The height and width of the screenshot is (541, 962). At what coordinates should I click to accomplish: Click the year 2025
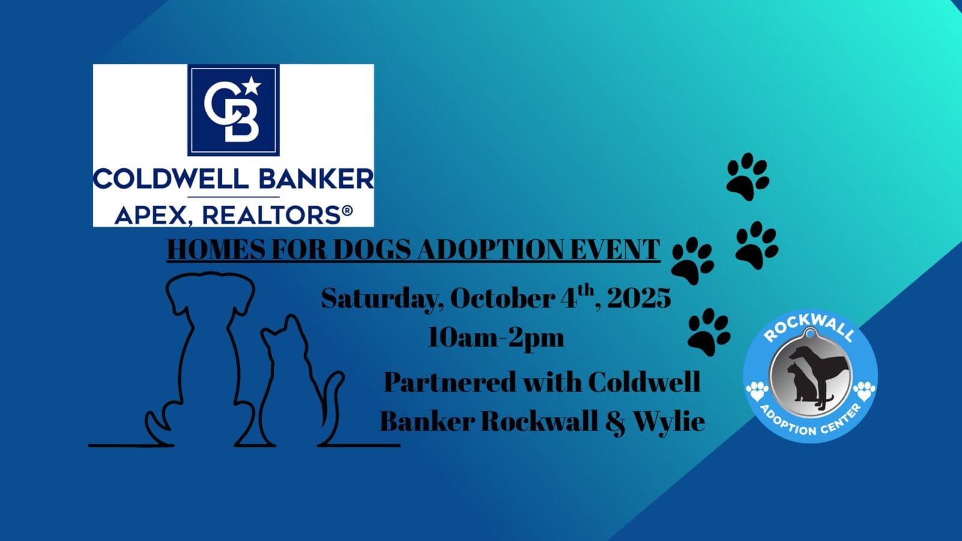point(639,298)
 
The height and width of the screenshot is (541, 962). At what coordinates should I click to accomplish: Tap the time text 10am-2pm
point(495,338)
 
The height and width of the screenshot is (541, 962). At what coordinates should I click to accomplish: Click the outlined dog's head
point(210,296)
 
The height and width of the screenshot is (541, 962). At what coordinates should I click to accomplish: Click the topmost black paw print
point(747,177)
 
